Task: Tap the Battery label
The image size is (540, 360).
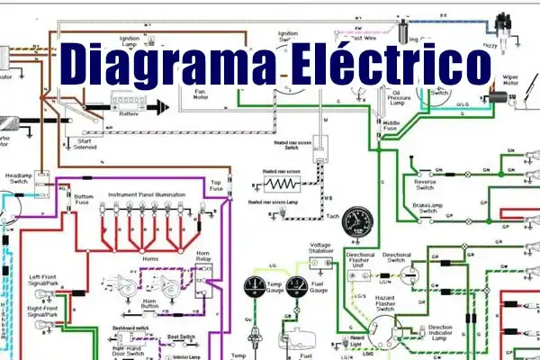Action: point(129,114)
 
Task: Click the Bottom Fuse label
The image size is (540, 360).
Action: point(84,199)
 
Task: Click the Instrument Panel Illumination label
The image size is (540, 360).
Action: point(147,194)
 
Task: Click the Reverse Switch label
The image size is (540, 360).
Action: point(424,184)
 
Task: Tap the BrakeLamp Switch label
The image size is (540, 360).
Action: point(427,208)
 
